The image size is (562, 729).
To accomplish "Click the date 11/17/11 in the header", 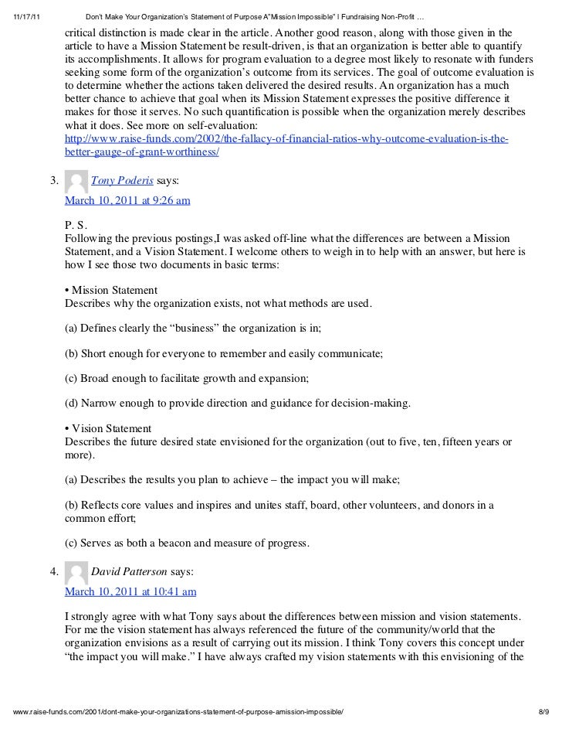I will point(29,18).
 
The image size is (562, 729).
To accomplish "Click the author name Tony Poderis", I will point(122,182).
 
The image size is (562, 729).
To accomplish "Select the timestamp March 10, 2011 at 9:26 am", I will point(127,199).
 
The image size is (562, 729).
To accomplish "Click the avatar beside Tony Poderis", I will point(76,182).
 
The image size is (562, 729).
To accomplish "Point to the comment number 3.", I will point(54,182).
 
